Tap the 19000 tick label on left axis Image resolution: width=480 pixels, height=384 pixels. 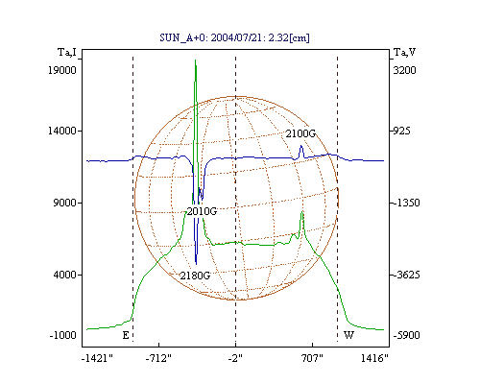62,70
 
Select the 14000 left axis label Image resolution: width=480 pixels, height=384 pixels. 62,131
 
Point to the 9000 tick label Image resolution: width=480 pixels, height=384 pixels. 65,203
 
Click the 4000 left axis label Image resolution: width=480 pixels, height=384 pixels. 65,275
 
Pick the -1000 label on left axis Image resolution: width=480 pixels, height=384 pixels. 63,335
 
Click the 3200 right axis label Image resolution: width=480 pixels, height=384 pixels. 404,70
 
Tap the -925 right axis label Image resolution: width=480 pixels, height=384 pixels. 401,131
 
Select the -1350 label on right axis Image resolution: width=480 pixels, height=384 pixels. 406,203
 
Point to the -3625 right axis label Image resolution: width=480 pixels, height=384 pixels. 406,275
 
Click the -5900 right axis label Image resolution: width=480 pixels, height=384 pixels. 406,335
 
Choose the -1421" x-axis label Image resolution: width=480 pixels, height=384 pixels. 97,358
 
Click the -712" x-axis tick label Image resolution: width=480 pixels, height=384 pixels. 158,358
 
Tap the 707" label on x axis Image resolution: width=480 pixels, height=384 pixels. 312,358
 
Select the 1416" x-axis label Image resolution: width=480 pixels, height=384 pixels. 374,358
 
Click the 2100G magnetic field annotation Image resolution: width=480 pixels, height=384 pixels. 300,133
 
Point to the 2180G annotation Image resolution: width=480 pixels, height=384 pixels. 195,276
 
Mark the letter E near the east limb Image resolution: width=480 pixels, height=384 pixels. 126,335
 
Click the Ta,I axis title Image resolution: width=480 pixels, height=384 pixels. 67,52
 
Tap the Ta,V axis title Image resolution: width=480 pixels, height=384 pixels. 404,52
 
